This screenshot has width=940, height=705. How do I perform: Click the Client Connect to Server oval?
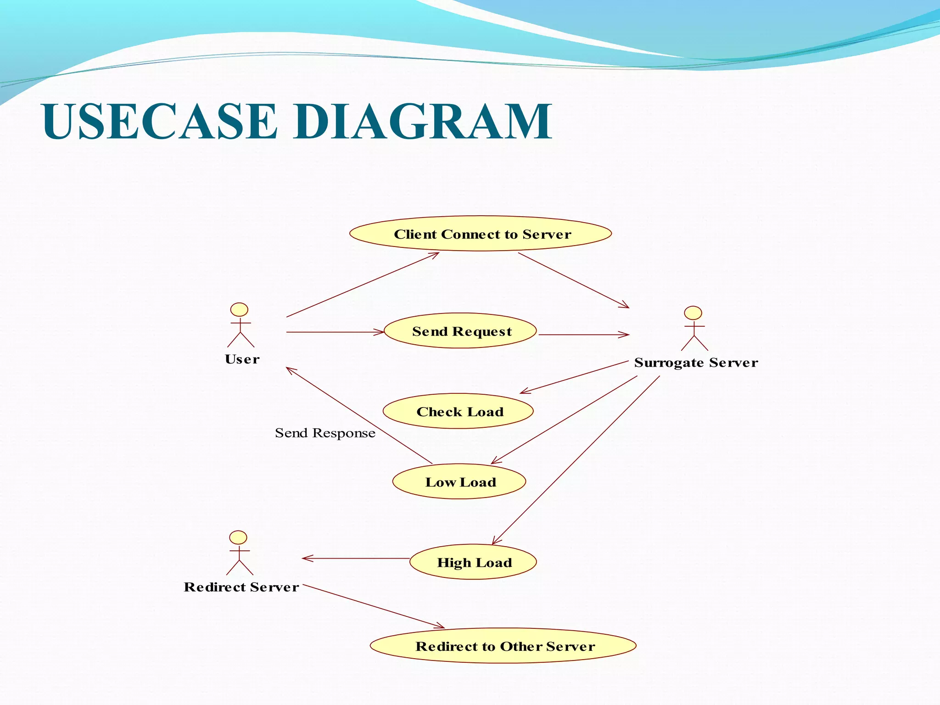(x=481, y=234)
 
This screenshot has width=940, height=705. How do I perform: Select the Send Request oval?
(x=460, y=331)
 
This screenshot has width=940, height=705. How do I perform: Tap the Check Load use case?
(x=458, y=411)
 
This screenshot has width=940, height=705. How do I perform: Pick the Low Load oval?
(x=459, y=481)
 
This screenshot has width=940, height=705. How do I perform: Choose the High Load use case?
(x=473, y=562)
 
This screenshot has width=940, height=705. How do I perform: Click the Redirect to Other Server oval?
(x=503, y=646)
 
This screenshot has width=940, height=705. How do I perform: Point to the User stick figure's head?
(x=239, y=310)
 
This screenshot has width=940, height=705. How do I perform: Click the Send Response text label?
(x=325, y=433)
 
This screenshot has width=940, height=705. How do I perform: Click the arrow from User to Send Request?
(x=335, y=332)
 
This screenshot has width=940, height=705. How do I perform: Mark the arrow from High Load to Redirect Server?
(x=356, y=558)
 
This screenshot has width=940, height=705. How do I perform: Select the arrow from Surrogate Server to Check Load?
(x=574, y=377)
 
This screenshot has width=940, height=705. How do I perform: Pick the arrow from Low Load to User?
(x=358, y=415)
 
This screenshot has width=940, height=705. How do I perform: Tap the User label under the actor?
(x=242, y=359)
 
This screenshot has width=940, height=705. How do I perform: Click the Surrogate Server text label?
(x=696, y=363)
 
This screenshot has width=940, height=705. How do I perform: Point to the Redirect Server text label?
(x=241, y=587)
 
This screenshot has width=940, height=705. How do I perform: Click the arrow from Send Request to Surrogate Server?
(x=583, y=335)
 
